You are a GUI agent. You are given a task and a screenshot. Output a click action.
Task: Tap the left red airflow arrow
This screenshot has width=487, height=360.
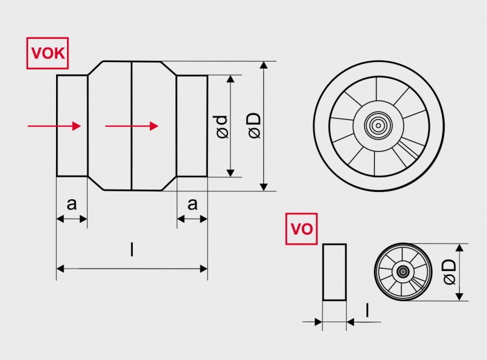tap(54, 126)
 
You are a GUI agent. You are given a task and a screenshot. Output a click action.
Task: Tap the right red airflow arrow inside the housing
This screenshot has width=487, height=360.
tap(132, 126)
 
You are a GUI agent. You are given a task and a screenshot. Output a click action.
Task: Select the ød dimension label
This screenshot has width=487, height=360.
tap(222, 127)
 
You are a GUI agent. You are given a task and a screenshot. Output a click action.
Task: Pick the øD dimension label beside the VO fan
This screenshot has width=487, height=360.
tap(449, 272)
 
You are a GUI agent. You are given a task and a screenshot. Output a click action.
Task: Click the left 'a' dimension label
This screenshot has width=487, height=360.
tap(71, 203)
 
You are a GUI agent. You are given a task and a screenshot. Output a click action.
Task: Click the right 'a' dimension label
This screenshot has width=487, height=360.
tap(193, 203)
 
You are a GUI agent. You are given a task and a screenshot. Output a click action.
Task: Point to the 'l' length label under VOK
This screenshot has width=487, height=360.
tap(132, 250)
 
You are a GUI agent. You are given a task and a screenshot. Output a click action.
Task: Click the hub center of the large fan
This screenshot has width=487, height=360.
tap(378, 126)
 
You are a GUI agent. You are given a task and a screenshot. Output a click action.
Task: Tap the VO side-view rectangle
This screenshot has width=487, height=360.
tap(334, 272)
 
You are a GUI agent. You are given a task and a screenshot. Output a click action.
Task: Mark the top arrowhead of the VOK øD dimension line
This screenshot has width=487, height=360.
tap(263, 65)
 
